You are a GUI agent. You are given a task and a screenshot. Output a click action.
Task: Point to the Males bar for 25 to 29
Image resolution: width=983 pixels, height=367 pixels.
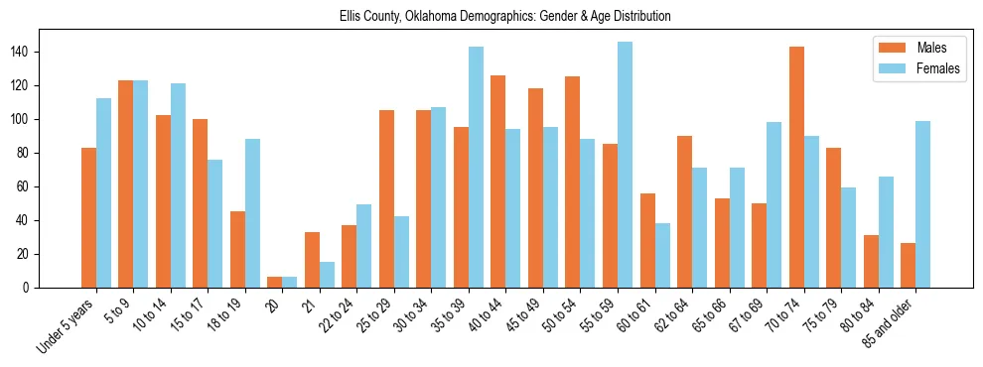(x=386, y=198)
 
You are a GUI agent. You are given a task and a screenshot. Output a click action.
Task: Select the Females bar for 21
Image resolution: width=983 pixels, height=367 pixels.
(x=327, y=275)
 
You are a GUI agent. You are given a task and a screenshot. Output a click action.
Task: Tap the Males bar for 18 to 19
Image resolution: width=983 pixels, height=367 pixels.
(x=237, y=249)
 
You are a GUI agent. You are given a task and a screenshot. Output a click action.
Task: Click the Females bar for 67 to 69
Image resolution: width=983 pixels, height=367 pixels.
(x=773, y=204)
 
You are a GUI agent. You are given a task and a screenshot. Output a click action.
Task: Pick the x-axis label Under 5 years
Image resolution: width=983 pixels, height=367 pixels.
(x=67, y=327)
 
